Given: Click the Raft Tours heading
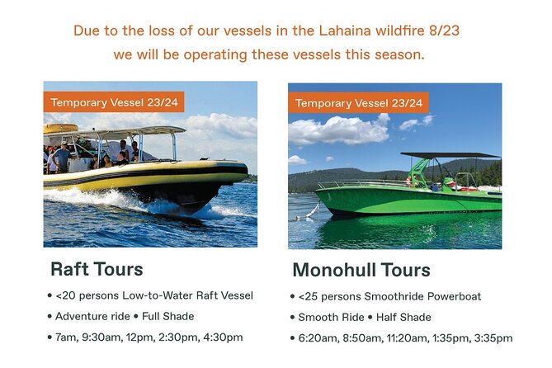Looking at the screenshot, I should [x=97, y=269].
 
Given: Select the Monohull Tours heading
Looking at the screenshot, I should [x=361, y=270].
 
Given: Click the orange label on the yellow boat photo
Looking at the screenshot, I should [x=114, y=102].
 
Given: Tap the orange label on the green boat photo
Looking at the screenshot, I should [x=358, y=103].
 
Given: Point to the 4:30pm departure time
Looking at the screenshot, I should [x=222, y=337].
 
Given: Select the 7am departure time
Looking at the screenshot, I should [x=66, y=337].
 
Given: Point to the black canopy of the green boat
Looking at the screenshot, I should [x=450, y=155].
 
